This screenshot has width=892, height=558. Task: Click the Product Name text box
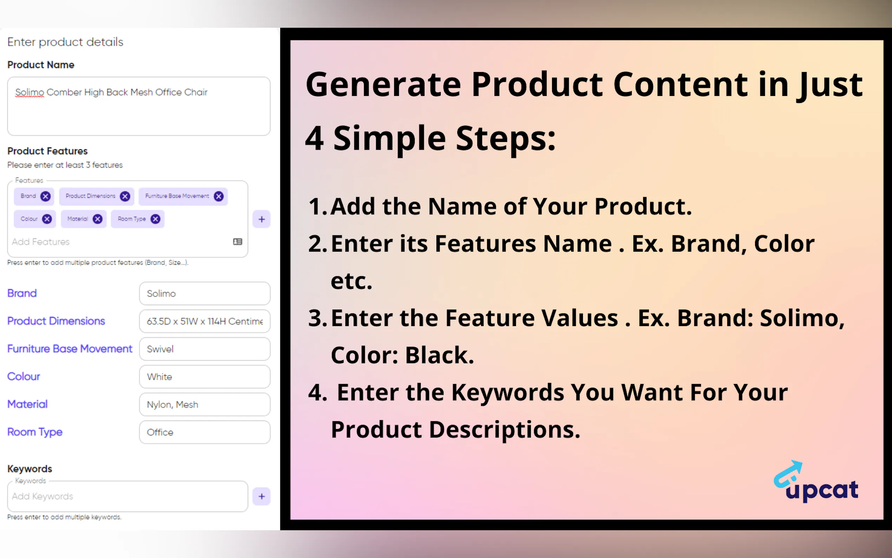click(139, 106)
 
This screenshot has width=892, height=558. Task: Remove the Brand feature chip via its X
click(45, 196)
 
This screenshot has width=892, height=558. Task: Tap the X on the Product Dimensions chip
click(125, 196)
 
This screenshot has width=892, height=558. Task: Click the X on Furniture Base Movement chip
click(219, 196)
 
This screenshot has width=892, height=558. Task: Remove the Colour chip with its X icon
click(47, 219)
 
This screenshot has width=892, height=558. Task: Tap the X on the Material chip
click(97, 219)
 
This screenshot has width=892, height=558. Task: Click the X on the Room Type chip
click(156, 219)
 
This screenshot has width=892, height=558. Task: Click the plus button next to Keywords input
click(261, 497)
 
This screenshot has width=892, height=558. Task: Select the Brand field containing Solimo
click(205, 294)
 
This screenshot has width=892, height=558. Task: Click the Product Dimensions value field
click(205, 322)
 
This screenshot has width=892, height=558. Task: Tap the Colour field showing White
click(205, 377)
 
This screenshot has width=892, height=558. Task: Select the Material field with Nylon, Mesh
click(205, 404)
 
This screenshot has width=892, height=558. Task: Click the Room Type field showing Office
click(205, 432)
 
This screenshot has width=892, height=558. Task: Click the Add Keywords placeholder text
click(42, 497)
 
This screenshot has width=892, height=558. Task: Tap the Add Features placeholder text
click(41, 242)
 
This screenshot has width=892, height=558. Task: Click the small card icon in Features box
click(238, 242)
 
